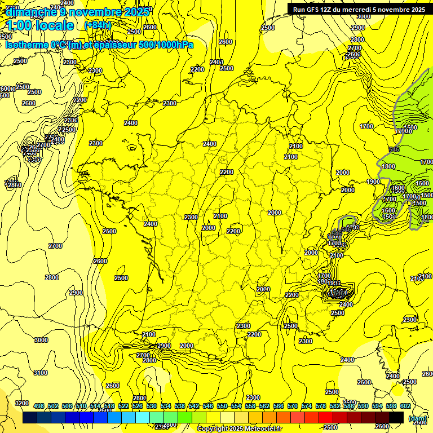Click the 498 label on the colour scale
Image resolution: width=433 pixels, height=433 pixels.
[x=39, y=406]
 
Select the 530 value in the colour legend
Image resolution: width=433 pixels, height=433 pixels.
[x=152, y=406]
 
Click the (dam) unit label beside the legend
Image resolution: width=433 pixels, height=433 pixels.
[x=417, y=418]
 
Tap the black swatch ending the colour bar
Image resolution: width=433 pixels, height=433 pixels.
[x=396, y=418]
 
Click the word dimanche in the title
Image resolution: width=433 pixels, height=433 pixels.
[x=32, y=12]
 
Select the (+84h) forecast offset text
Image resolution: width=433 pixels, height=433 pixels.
[x=98, y=25]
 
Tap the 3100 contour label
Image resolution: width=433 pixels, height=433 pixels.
[x=41, y=373]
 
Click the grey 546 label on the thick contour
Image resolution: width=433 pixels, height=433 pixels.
[x=394, y=149]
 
